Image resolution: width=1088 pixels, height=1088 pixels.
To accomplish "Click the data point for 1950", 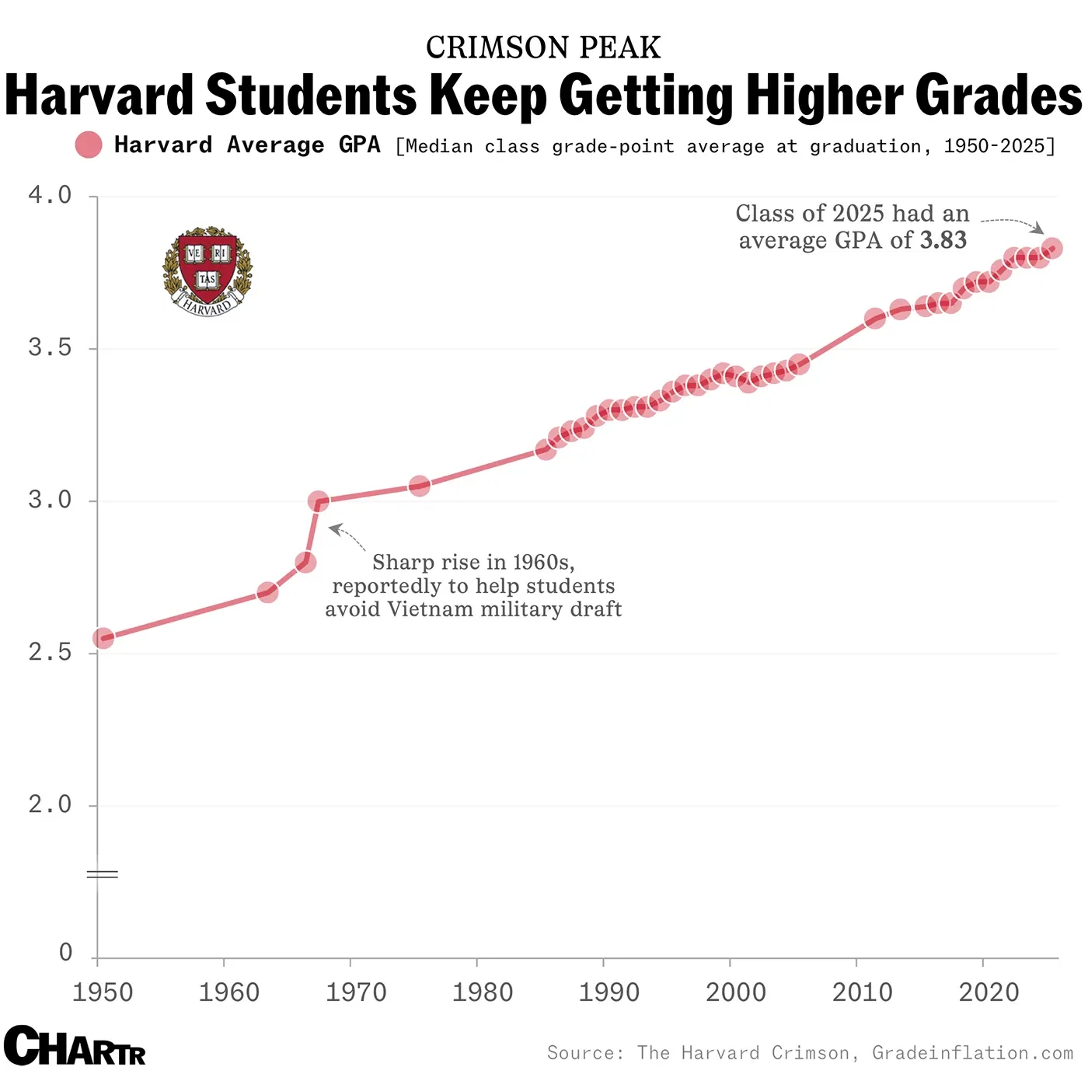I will (103, 639).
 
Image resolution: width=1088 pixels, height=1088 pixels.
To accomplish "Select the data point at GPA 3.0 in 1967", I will (318, 501).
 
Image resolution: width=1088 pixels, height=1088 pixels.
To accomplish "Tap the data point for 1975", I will (420, 486).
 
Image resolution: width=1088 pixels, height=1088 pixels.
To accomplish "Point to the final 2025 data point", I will (1052, 249).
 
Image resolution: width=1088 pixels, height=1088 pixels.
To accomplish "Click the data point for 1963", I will (267, 593).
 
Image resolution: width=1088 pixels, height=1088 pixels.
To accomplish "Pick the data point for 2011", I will (875, 319).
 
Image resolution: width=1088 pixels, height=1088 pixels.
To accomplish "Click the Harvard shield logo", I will (207, 270).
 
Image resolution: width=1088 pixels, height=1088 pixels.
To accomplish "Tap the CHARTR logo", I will (75, 1046).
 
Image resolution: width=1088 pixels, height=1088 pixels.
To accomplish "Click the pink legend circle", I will (89, 145).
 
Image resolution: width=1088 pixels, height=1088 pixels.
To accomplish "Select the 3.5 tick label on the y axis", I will (50, 347).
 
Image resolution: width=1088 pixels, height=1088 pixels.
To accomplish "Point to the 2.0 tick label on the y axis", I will (50, 804).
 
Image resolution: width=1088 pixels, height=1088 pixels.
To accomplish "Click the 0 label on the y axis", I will (66, 952).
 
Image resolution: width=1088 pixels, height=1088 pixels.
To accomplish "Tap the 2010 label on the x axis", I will (862, 992).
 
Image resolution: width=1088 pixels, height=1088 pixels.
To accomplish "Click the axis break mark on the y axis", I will (102, 875).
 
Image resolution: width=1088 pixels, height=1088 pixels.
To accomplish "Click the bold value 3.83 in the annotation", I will (943, 240).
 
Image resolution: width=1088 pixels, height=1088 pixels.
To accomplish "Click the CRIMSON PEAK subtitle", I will (543, 47).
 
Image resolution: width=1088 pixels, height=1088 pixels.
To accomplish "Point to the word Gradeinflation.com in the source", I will (972, 1053).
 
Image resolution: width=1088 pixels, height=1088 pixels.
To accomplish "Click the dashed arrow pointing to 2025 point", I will (1012, 223).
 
